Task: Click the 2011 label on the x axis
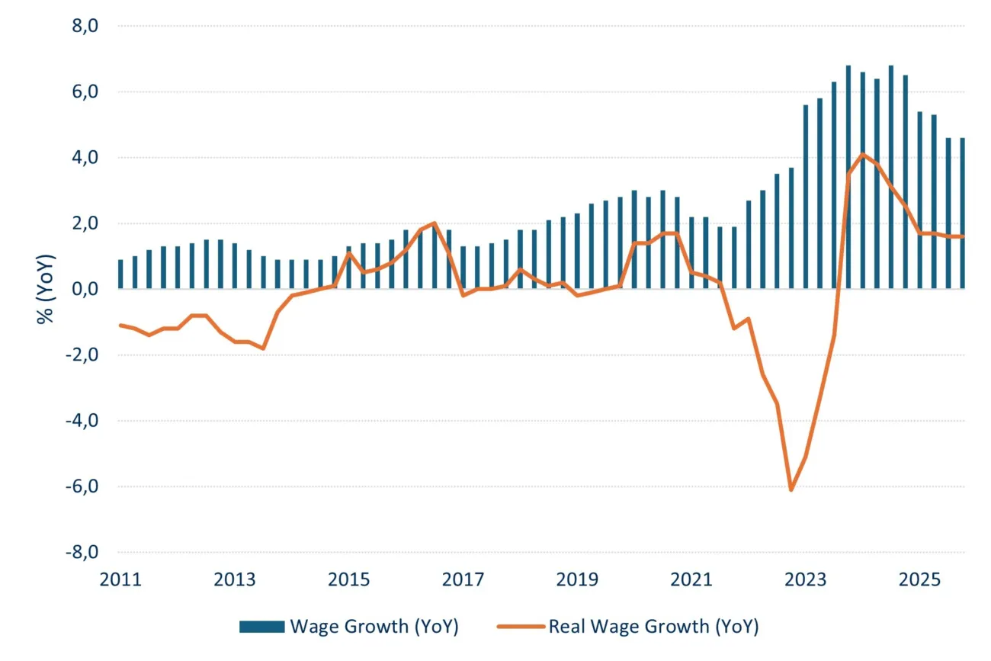(120, 579)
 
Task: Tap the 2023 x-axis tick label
(805, 579)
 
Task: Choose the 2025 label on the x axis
(919, 579)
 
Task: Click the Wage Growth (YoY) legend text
(374, 627)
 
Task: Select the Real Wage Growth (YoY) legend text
(653, 627)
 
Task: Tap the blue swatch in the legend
(261, 627)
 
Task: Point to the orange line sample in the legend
(521, 627)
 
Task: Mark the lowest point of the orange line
(791, 489)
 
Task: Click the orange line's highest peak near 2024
(862, 155)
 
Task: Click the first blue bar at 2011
(120, 274)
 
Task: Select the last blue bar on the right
(962, 213)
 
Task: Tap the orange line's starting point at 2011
(120, 325)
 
